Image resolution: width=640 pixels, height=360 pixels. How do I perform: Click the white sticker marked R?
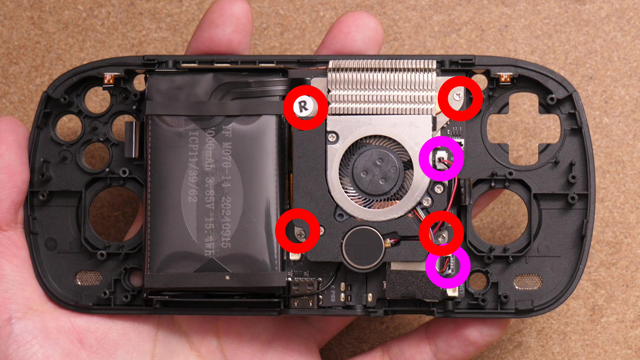click(x=304, y=107)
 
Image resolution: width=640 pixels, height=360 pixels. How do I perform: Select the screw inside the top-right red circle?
click(x=457, y=97)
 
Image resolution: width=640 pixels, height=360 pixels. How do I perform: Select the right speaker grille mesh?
click(x=528, y=282)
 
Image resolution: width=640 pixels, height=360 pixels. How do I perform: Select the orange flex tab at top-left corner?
click(x=108, y=79)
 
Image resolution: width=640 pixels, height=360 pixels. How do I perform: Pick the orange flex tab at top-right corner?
click(x=505, y=79)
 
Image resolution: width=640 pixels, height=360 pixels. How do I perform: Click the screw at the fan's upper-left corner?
click(x=332, y=137)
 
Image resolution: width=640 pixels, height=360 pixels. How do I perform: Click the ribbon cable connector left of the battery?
click(x=132, y=139)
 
